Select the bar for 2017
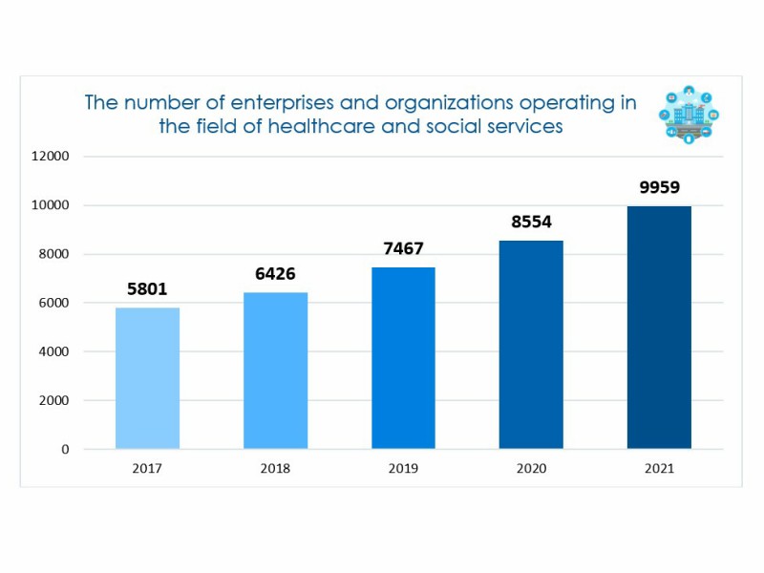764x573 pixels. tap(147, 378)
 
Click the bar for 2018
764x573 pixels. tap(275, 371)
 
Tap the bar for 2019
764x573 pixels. tap(403, 358)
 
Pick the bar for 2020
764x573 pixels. tap(531, 345)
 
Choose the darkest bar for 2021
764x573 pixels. tap(659, 328)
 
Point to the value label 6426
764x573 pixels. tap(275, 272)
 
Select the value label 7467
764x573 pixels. tap(403, 249)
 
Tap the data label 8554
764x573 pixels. tap(531, 222)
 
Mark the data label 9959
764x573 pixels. tap(659, 187)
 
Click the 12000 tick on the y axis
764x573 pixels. tap(50, 157)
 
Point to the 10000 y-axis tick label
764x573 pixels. tap(50, 205)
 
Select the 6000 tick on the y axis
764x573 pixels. tap(53, 303)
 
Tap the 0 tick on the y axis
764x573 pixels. tap(65, 449)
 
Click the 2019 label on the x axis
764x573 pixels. tap(403, 469)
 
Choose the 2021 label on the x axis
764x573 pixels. tap(659, 469)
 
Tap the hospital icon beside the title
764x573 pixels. tap(689, 117)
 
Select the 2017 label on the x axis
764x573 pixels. tap(147, 469)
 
